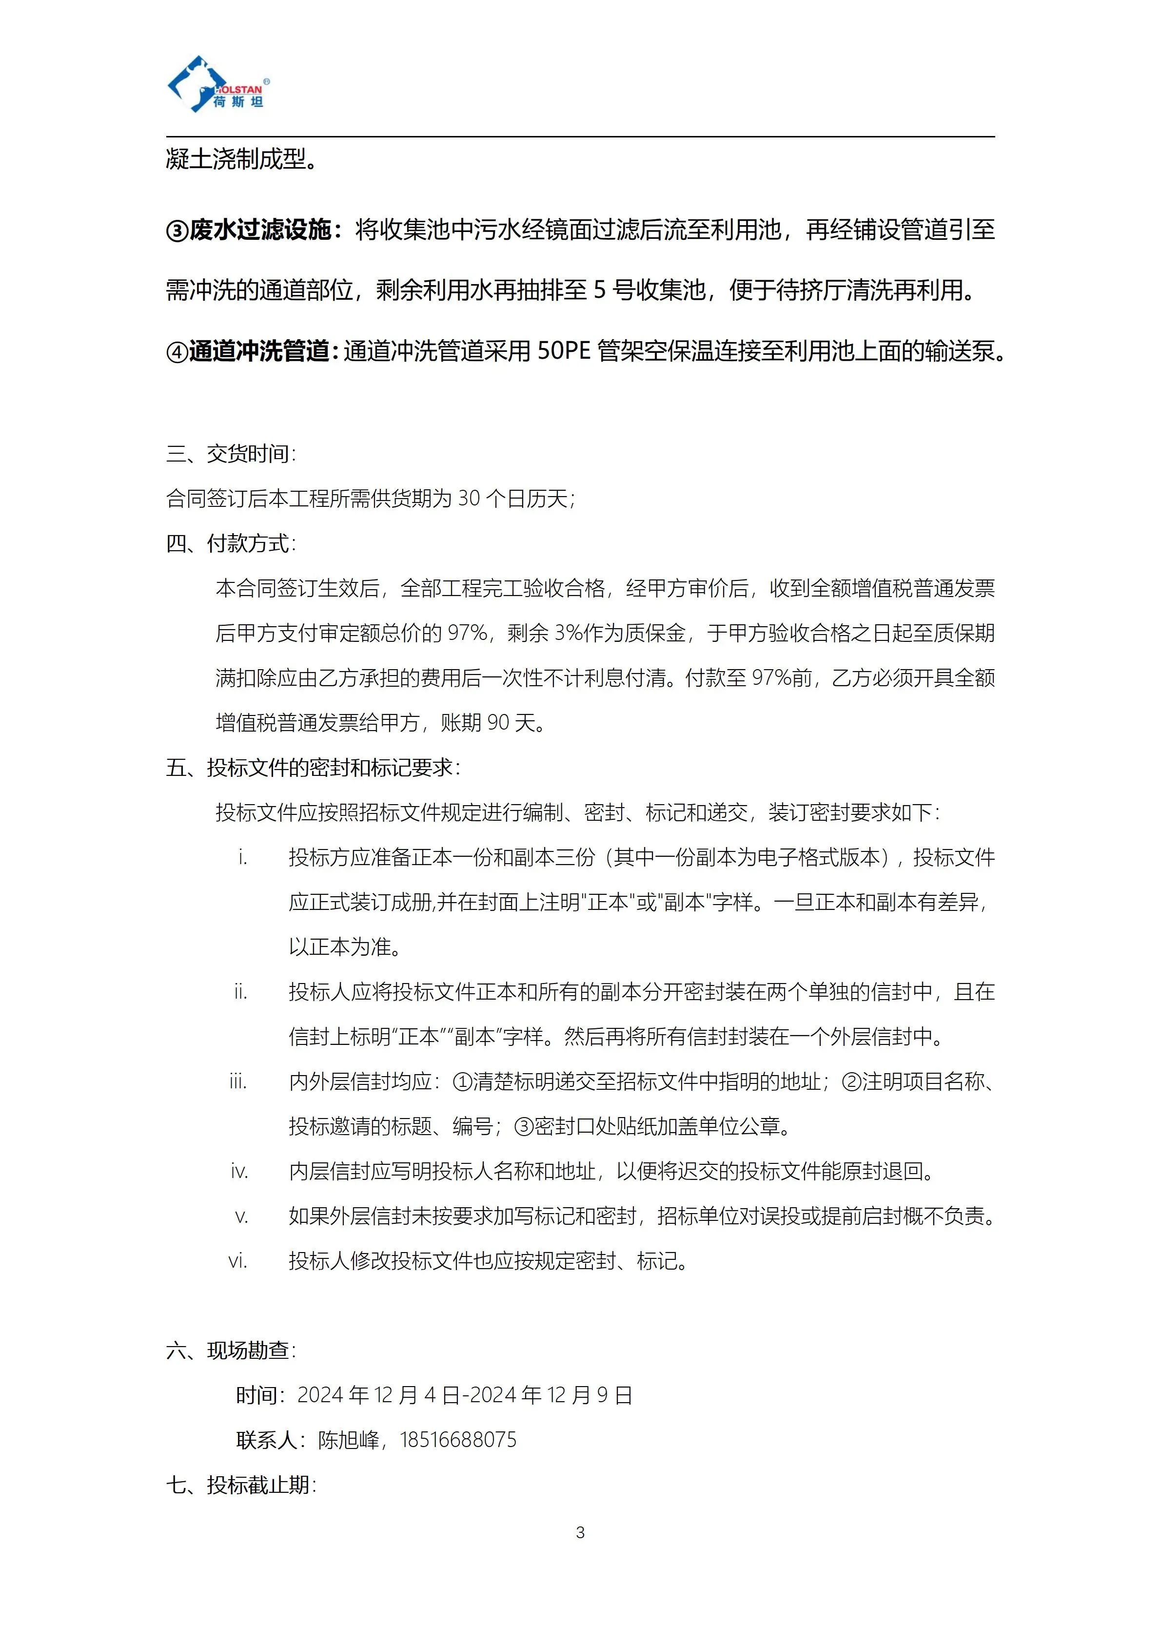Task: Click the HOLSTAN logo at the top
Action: pos(218,85)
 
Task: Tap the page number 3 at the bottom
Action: pos(580,1532)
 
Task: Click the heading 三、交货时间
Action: pos(230,454)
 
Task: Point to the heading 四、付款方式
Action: pos(230,544)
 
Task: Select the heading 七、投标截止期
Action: pos(240,1485)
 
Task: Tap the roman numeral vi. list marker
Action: pos(238,1261)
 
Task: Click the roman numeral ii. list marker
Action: pos(240,992)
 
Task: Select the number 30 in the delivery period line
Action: pos(469,498)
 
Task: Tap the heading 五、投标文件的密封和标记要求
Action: pos(313,768)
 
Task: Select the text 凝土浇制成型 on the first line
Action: pos(236,159)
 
